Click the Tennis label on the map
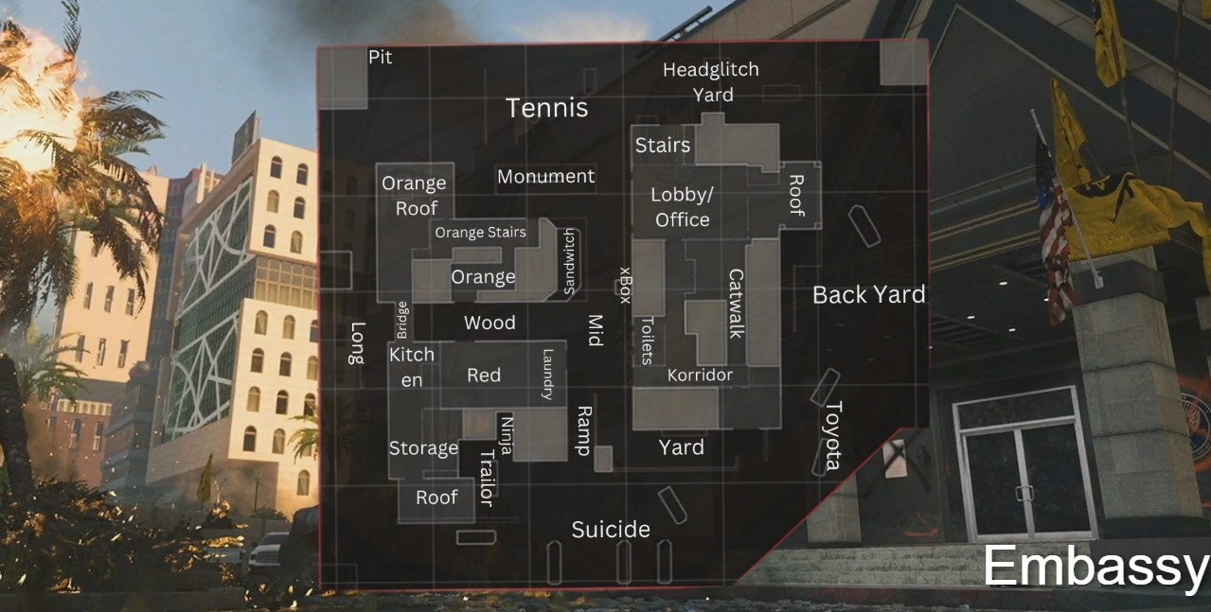pos(546,108)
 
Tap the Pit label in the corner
pos(380,58)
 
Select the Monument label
pos(545,176)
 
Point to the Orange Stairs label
pos(480,232)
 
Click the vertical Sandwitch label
pos(569,262)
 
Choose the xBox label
pos(623,284)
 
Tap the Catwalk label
pos(736,304)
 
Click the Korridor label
pos(700,376)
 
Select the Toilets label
pos(647,340)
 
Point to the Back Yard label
pos(868,295)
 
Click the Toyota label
pos(832,435)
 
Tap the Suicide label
pos(611,529)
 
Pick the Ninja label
pos(506,435)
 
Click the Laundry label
pos(546,375)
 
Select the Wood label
pos(490,323)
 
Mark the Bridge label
pos(402,319)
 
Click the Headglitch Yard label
pos(710,81)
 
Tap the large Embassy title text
pos(1095,567)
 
